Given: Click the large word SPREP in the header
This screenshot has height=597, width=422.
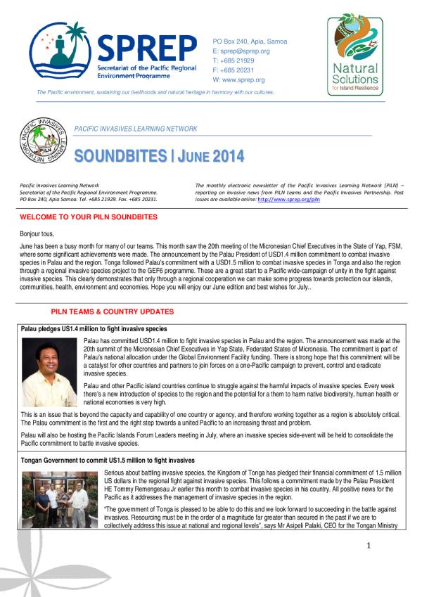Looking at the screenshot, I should point(146,48).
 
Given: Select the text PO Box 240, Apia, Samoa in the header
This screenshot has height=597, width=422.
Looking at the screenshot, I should point(250,41).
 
